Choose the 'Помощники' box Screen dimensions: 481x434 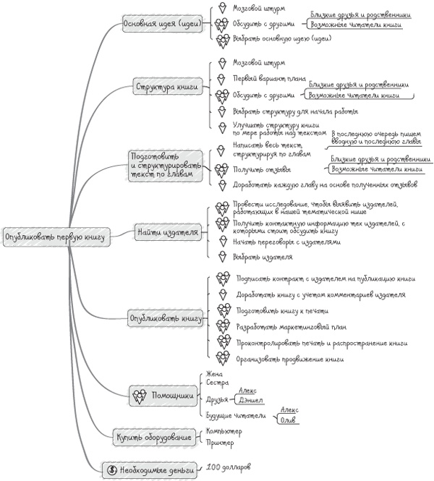(163, 396)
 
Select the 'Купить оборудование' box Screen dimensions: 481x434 (154, 436)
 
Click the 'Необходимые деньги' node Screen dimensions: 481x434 (150, 469)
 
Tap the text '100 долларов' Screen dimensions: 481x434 (228, 467)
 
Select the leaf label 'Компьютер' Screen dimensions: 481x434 (224, 431)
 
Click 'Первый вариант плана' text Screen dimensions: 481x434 (269, 78)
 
